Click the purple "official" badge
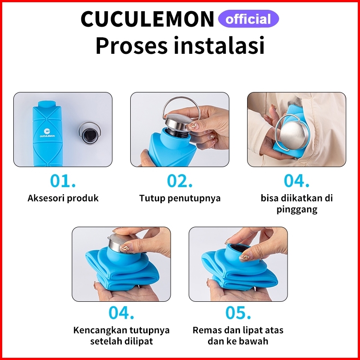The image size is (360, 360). click(248, 19)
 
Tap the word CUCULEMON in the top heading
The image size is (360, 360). click(148, 19)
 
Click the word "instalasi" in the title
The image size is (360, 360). click(219, 45)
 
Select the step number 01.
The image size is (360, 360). click(63, 181)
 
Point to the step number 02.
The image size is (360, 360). click(180, 181)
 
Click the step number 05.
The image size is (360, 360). click(238, 312)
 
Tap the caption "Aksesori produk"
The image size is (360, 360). click(63, 198)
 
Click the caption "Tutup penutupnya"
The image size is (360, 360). click(180, 198)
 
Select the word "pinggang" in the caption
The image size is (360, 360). click(296, 210)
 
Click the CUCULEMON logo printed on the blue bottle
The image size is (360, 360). click(47, 133)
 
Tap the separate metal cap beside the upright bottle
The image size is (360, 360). click(90, 133)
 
